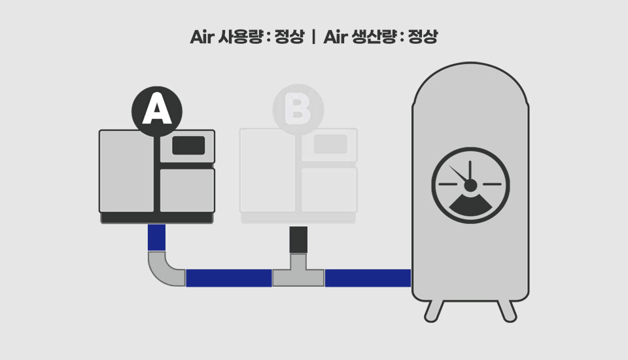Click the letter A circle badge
pyautogui.click(x=157, y=111)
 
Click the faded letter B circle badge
pyautogui.click(x=298, y=111)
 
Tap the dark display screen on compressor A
pyautogui.click(x=188, y=145)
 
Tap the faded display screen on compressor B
pyautogui.click(x=330, y=145)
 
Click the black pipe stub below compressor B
pyautogui.click(x=298, y=240)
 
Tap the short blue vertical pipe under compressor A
pyautogui.click(x=156, y=238)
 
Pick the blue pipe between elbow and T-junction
pyautogui.click(x=228, y=278)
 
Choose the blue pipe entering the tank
pyautogui.click(x=368, y=278)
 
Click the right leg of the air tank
pyautogui.click(x=506, y=311)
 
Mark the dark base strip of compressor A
pyautogui.click(x=157, y=218)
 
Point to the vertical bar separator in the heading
pyautogui.click(x=314, y=37)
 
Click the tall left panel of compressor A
pyautogui.click(x=126, y=171)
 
